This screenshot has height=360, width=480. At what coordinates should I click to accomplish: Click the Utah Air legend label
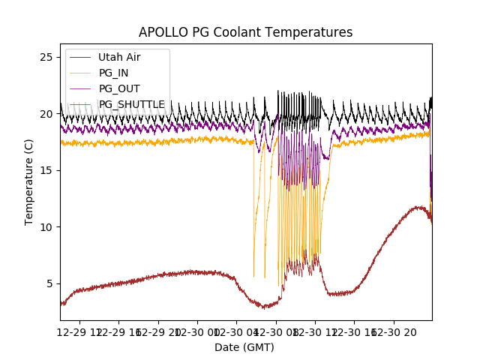pos(119,57)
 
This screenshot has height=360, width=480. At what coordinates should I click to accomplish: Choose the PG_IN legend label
pos(113,73)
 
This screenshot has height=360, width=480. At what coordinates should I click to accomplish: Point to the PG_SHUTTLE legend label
pos(132,104)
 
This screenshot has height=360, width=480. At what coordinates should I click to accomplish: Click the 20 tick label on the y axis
pos(46,114)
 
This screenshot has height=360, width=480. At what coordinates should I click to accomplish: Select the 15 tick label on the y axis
pos(46,170)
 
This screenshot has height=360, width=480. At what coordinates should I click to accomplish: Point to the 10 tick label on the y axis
pos(46,227)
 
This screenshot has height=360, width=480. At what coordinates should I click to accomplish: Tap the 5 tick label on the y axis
pos(49,283)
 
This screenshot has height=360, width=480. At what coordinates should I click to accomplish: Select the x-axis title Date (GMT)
pos(244,347)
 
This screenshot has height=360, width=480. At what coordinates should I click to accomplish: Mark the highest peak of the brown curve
pos(417,207)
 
